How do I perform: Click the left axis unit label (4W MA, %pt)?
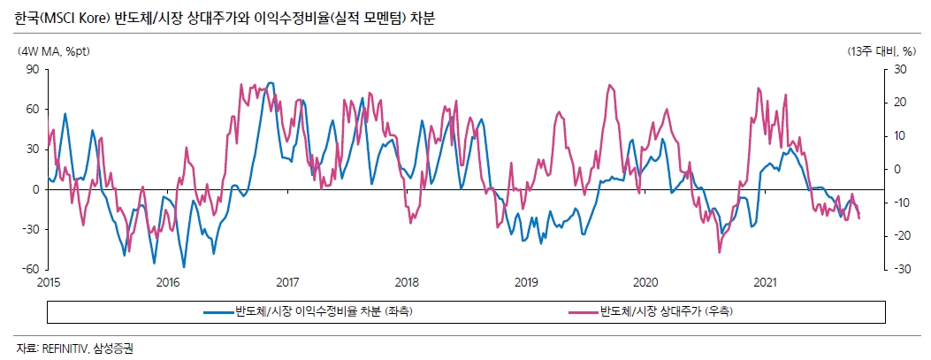tap(53, 51)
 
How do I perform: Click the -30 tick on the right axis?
tap(900, 270)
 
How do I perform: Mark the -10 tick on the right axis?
tap(900, 203)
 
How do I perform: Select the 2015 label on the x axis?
tap(48, 282)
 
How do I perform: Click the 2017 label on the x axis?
tap(286, 282)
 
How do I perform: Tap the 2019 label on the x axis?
tap(525, 282)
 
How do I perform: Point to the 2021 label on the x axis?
tap(764, 282)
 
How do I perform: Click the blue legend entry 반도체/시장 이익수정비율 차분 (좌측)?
tap(323, 311)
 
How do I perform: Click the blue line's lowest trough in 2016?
tap(184, 266)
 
